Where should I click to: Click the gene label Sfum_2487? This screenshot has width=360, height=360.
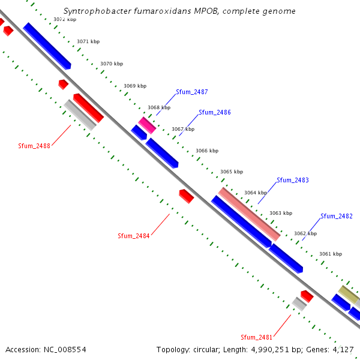(x=192, y=92)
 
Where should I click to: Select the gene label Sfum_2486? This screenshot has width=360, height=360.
(x=215, y=113)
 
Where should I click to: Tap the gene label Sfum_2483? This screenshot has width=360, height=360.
(x=293, y=181)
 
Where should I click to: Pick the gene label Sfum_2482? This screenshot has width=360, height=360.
(x=336, y=217)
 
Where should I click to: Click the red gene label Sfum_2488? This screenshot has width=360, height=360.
(x=34, y=146)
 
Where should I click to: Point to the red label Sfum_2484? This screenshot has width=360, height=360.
(x=133, y=236)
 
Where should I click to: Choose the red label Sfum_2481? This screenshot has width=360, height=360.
(x=257, y=337)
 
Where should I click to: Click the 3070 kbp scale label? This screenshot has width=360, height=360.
(x=112, y=64)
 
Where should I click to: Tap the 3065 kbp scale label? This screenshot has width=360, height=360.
(x=232, y=172)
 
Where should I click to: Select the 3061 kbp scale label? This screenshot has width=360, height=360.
(x=330, y=254)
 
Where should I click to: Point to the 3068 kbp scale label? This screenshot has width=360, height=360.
(x=159, y=108)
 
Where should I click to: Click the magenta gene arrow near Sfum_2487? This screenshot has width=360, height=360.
(x=147, y=125)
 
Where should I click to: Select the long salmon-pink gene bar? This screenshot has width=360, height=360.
(x=249, y=214)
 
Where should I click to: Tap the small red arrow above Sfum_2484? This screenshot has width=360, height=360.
(x=187, y=196)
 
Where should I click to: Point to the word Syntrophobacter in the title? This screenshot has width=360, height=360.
(x=95, y=11)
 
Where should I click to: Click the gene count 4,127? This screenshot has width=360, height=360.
(x=344, y=349)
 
